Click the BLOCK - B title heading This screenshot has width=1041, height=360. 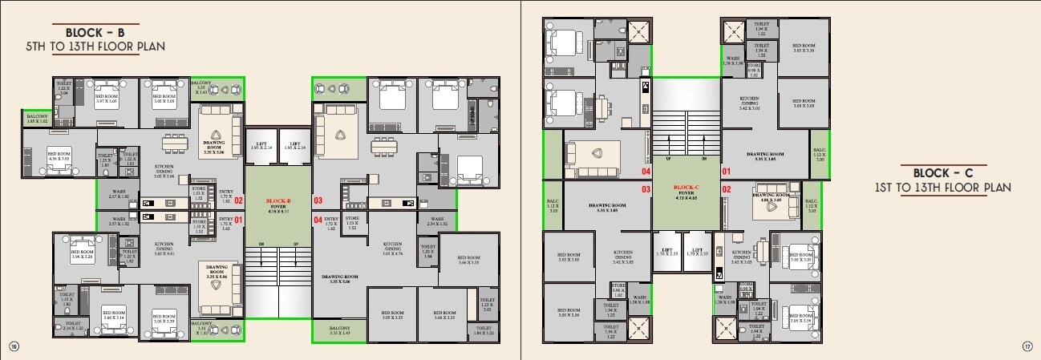coord(95,33)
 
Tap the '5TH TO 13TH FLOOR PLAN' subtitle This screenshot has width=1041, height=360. coord(95,47)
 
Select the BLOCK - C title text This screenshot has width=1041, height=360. coord(942,173)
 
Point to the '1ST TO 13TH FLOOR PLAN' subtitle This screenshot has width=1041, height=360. coord(942,187)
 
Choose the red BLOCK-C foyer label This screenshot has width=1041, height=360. coord(687,188)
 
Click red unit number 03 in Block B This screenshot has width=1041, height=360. coord(318,200)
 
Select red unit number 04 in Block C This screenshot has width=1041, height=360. coord(645,172)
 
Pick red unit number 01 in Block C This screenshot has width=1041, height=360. coord(727,172)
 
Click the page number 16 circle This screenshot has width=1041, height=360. coord(13,346)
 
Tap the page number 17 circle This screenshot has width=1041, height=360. coord(1027,346)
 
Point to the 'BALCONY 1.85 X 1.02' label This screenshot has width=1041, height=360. coord(37,118)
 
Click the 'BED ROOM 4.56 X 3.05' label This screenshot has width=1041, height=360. coord(59,156)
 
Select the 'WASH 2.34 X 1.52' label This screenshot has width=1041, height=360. coord(436,221)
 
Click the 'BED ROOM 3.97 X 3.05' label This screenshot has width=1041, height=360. coord(107,98)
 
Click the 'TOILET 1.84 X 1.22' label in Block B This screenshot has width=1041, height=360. coord(484,330)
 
